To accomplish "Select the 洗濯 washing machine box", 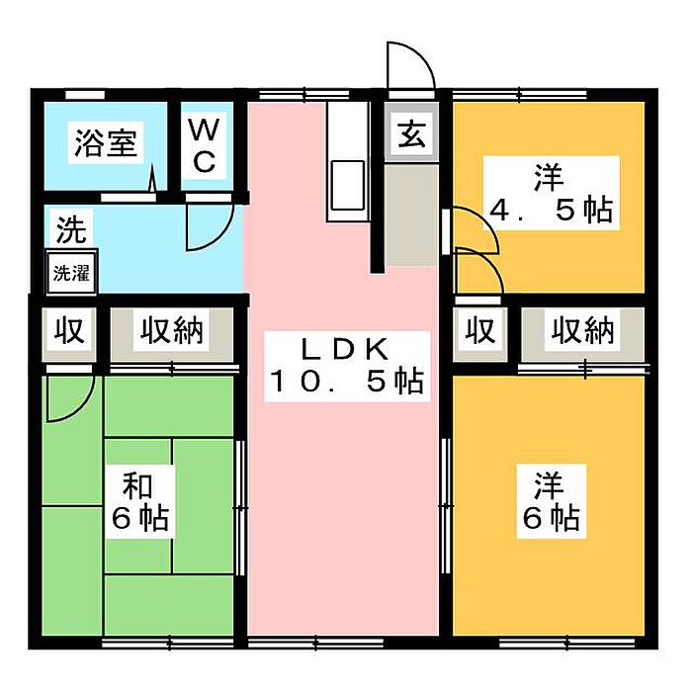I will click(70, 273).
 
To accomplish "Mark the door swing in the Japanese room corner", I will click(67, 395).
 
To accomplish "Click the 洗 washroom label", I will click(69, 231).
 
